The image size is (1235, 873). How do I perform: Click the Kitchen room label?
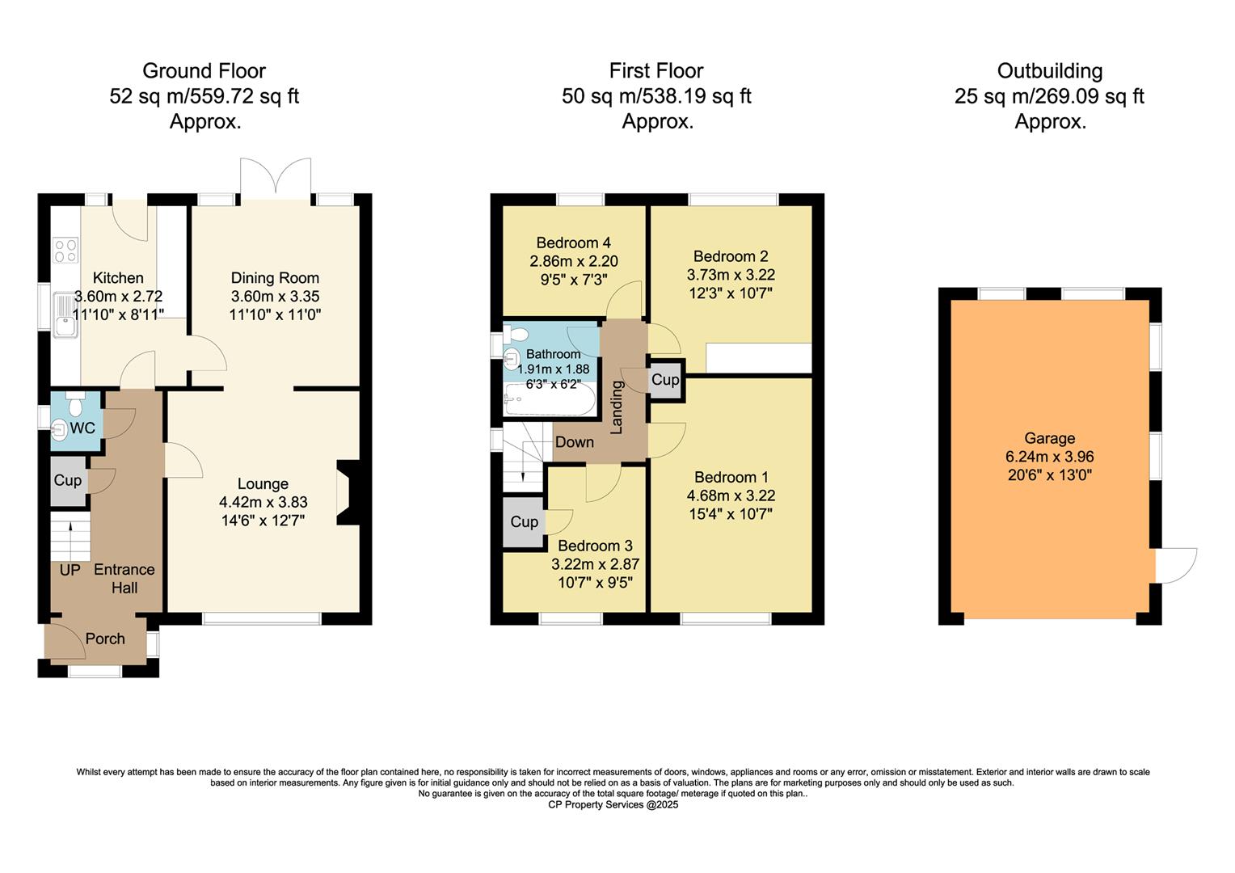(x=118, y=278)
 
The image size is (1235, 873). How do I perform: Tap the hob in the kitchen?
(x=65, y=251)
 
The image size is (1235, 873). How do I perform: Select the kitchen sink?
(x=64, y=314)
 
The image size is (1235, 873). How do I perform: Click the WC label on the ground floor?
(x=82, y=428)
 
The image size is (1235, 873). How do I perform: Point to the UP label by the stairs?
(x=70, y=570)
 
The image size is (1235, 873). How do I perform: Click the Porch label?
(x=105, y=639)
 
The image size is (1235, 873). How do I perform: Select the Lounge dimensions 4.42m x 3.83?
(x=263, y=502)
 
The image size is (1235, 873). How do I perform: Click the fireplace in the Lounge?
(x=346, y=493)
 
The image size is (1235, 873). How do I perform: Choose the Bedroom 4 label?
(x=573, y=242)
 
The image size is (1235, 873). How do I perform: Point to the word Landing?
(x=617, y=407)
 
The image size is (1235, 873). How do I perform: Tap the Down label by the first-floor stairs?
(x=574, y=442)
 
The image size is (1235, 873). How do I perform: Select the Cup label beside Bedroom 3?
(x=524, y=522)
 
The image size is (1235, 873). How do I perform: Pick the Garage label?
(x=1049, y=438)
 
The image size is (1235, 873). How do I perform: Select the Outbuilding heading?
(x=1049, y=71)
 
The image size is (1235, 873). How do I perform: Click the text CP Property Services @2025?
(x=613, y=805)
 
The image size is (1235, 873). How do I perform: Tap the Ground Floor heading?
(x=204, y=71)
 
